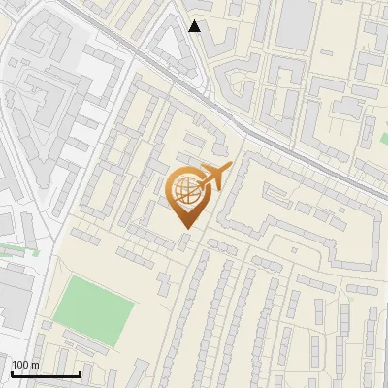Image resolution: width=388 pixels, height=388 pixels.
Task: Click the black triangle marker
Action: [x=195, y=26]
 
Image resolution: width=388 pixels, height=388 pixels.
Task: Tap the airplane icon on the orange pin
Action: [x=215, y=177]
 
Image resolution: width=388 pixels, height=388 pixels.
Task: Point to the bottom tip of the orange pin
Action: [x=185, y=228]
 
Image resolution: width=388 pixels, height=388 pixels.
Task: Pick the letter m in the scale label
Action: [x=35, y=365]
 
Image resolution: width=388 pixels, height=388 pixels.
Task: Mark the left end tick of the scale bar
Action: [x=12, y=373]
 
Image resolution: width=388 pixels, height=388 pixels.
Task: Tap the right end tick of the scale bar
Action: [x=80, y=373]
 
